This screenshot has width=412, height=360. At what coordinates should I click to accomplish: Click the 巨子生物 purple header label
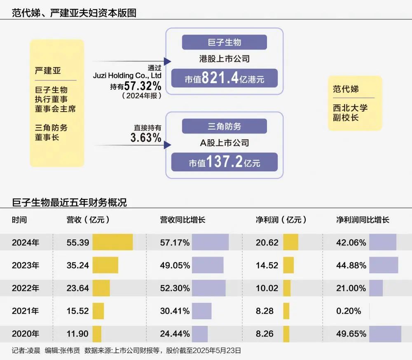coord(225,42)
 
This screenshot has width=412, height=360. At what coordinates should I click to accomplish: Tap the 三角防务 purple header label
coord(225,126)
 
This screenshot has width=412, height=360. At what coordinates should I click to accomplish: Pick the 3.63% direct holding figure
coord(146,138)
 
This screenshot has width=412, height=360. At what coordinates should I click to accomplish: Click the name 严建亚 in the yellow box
coord(48,70)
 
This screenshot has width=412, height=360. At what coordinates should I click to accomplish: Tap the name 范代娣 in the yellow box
coord(346,89)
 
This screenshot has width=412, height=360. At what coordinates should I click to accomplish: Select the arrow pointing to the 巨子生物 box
coord(167,61)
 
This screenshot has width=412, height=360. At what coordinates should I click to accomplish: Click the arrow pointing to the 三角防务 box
coord(167,145)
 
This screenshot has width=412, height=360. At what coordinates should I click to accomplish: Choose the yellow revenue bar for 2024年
coord(112,242)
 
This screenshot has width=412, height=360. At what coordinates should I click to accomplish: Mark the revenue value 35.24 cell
coord(78,265)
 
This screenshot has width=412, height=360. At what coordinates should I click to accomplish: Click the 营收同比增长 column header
coord(183,220)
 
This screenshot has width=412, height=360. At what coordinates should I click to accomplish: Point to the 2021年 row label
coord(25,311)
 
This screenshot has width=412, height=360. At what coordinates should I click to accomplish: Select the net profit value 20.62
coord(267,243)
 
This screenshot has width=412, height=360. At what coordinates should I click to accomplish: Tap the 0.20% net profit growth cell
coord(349,311)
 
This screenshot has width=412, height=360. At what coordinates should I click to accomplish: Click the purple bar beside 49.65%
coord(385,334)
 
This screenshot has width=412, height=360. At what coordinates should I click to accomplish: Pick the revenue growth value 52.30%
coord(175,288)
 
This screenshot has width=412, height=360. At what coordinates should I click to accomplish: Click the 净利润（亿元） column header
coord(281,220)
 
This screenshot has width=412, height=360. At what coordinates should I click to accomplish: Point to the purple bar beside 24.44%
coord(200,334)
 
